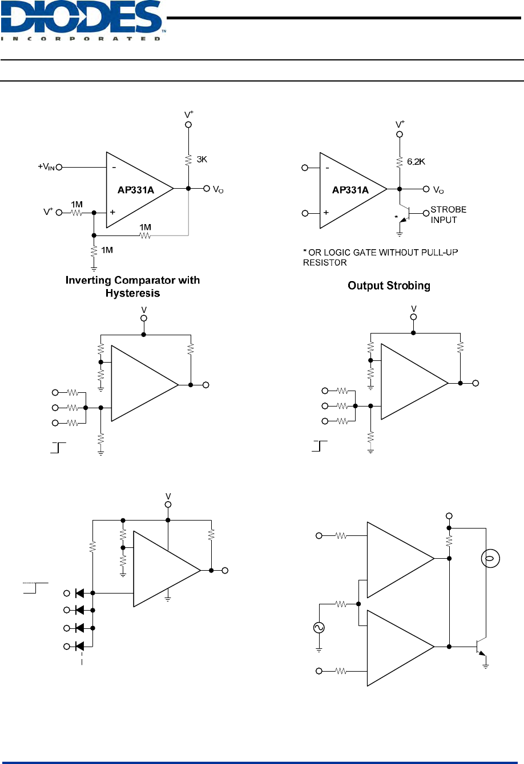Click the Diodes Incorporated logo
coord(83,21)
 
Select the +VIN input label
coord(46,167)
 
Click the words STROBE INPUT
coord(448,215)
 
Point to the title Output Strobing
coord(389,285)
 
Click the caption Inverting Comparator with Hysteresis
coord(132,286)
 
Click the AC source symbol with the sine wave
coord(319,628)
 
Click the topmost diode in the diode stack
coord(80,593)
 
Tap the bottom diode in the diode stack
coord(80,646)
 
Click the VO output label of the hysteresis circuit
coord(218,189)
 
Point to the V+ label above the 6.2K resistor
coord(400,124)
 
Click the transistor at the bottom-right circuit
coord(481,647)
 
